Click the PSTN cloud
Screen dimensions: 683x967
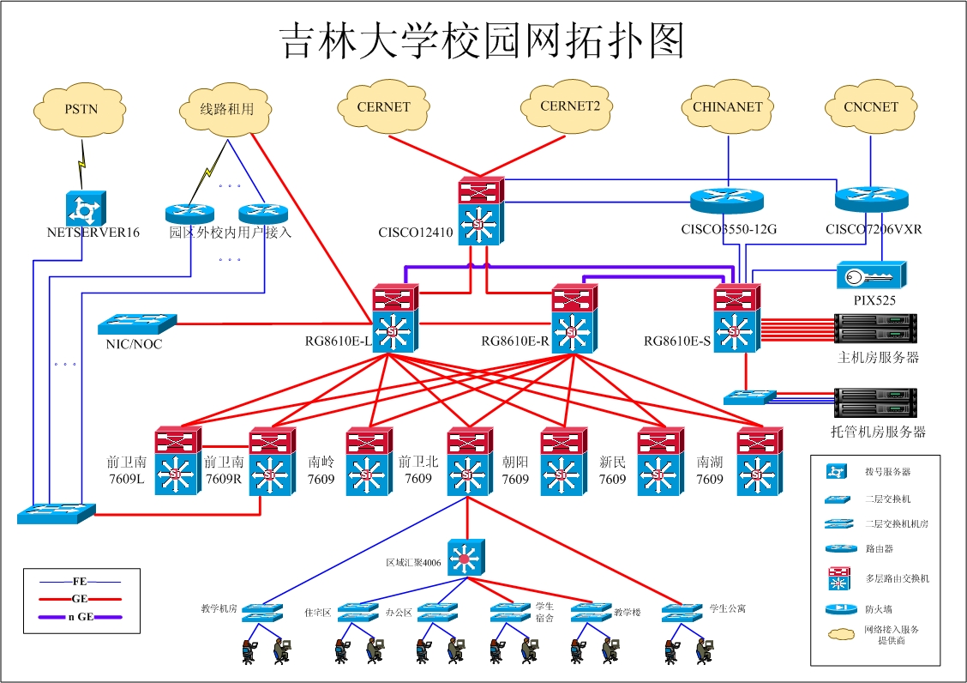(x=81, y=109)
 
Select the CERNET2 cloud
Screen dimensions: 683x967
(x=570, y=107)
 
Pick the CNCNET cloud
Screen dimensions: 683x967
(x=871, y=108)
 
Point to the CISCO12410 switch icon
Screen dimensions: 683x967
(x=481, y=211)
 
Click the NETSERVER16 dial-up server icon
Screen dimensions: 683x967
(x=85, y=209)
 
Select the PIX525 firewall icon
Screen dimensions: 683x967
(x=871, y=275)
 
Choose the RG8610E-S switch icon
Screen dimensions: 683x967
(x=736, y=318)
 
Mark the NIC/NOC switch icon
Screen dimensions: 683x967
(x=136, y=323)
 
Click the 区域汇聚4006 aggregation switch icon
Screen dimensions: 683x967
(x=465, y=557)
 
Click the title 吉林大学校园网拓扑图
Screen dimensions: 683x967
(x=483, y=41)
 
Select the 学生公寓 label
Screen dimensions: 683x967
(x=727, y=608)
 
